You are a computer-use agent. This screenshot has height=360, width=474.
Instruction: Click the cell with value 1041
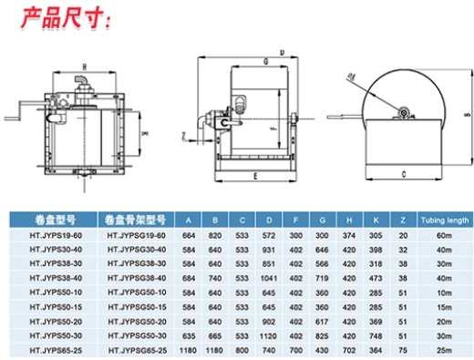(268, 278)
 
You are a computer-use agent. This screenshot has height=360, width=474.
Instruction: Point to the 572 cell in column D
(268, 234)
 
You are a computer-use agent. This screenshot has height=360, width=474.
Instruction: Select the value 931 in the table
(268, 249)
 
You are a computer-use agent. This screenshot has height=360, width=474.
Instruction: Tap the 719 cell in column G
(320, 278)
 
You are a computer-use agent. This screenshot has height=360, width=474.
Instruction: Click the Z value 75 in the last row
(402, 351)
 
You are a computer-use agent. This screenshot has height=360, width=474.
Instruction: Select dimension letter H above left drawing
(83, 66)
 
